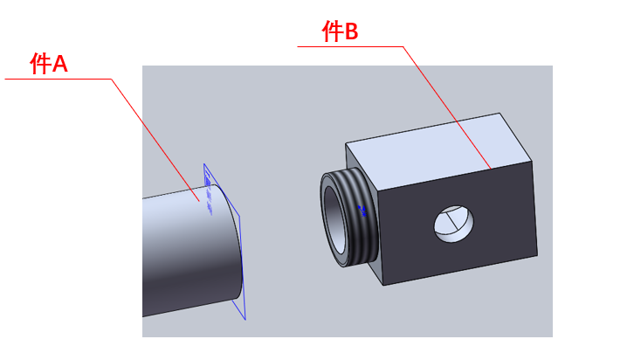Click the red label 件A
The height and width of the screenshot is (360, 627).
coord(48,63)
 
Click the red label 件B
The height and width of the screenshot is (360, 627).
coord(340,31)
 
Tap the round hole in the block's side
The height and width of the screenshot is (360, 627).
coord(454,224)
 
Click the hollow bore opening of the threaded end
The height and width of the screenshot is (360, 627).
coord(335,221)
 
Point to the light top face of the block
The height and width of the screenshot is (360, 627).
coord(438,150)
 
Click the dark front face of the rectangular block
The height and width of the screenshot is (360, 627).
coord(456,224)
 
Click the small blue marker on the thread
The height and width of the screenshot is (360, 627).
coord(362,211)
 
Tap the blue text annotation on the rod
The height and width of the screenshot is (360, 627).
coord(208,193)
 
